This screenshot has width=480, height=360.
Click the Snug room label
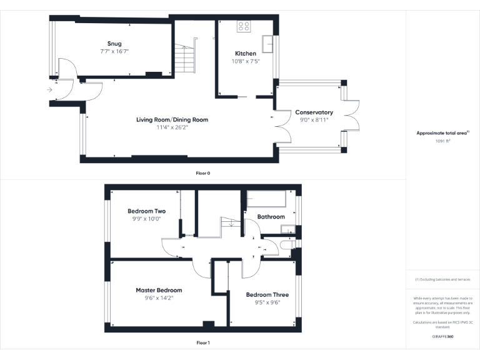tap(114, 44)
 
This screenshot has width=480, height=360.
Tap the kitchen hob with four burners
tap(244, 27)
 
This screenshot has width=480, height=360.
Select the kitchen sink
tap(269, 44)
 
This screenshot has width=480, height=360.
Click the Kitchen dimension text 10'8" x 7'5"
tap(245, 61)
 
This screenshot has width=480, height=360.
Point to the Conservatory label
tap(314, 112)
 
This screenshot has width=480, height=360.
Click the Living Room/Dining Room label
tap(172, 119)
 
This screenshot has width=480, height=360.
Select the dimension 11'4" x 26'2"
tap(172, 127)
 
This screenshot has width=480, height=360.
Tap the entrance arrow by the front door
tap(49, 89)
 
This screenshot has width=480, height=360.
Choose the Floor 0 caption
tap(202, 172)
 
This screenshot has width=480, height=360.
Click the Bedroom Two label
tap(147, 211)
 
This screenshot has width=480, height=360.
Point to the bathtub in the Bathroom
tap(266, 199)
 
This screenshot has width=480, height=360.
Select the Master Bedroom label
tap(159, 291)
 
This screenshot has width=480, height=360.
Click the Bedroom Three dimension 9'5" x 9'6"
tap(267, 302)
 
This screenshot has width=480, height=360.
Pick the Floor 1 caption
tap(202, 342)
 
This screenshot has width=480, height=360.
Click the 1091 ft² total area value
tap(442, 141)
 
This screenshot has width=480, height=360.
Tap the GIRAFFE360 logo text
tap(442, 336)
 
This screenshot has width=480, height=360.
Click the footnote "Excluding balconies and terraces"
tap(442, 279)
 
